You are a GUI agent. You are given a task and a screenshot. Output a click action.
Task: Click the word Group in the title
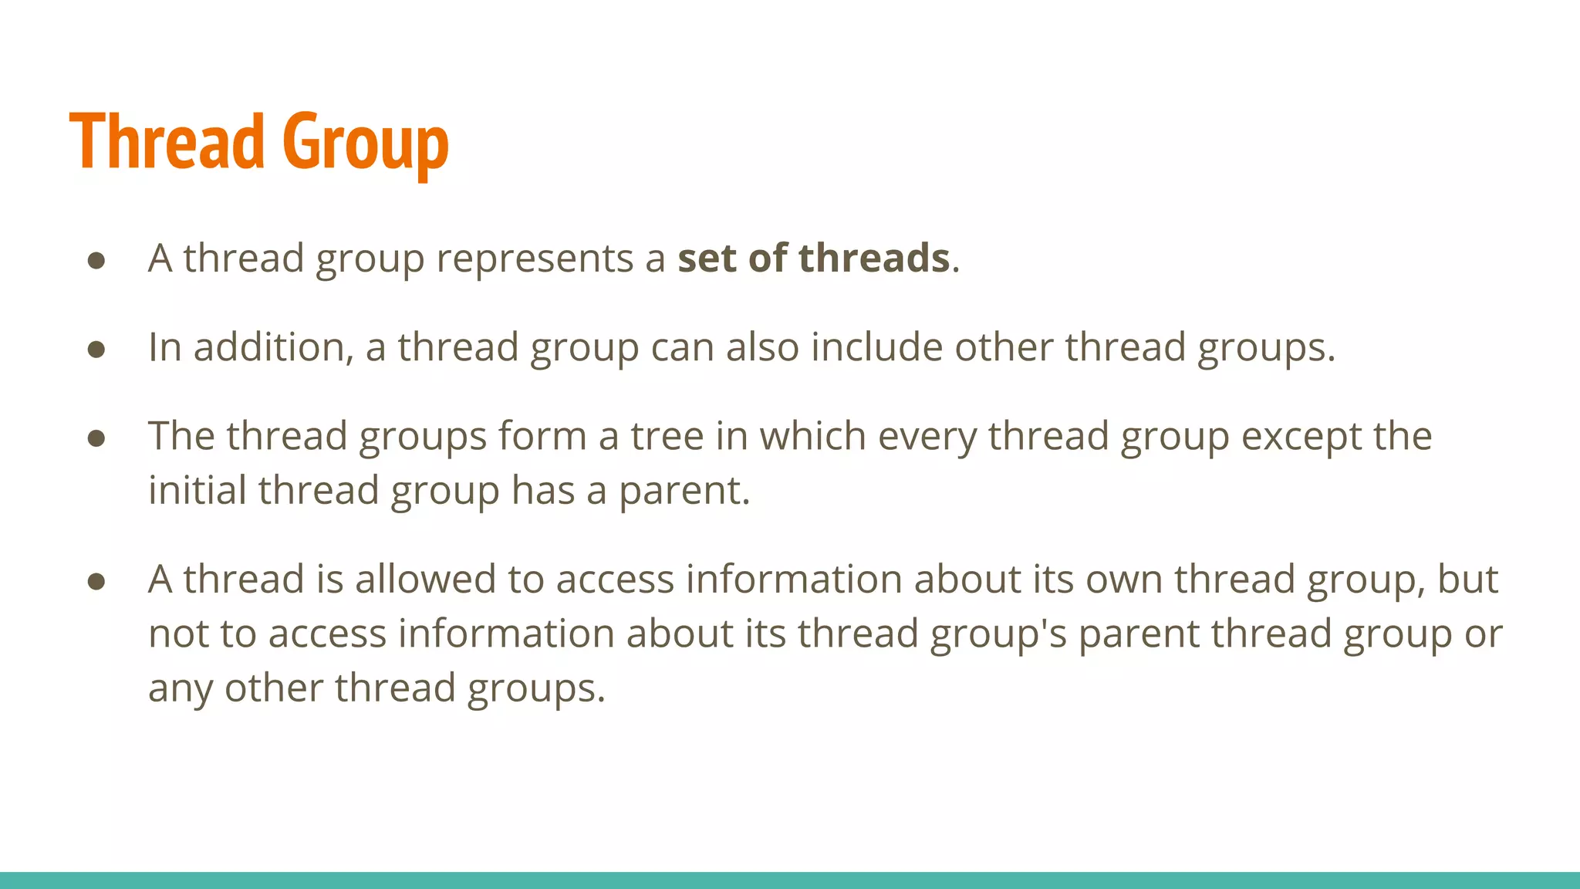366,144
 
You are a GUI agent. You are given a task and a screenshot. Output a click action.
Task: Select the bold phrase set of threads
813,258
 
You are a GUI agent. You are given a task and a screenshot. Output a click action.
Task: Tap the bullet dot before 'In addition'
96,350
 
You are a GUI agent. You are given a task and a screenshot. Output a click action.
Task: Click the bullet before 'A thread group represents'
96,260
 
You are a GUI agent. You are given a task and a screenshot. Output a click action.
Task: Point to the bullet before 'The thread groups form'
96,438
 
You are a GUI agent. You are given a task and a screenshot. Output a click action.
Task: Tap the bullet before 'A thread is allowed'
96,581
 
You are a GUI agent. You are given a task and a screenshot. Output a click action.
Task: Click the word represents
534,258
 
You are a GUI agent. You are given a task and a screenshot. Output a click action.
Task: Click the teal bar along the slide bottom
790,880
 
